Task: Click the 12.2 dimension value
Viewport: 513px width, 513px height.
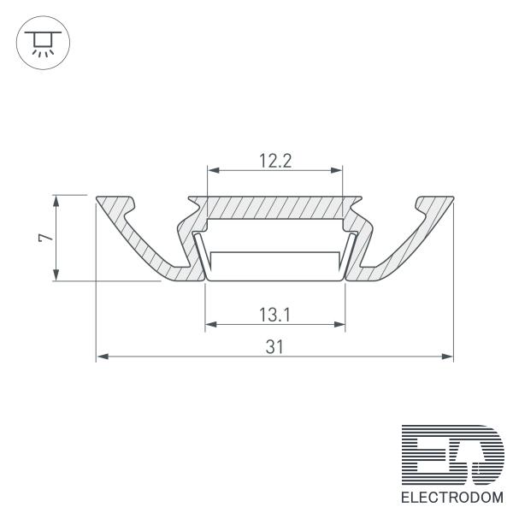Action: tap(275, 161)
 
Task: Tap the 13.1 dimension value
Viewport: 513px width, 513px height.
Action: tap(274, 315)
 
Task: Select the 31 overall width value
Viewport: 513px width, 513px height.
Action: tap(274, 347)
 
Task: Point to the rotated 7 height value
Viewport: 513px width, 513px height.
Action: tap(45, 237)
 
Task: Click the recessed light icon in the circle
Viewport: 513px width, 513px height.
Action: tap(44, 43)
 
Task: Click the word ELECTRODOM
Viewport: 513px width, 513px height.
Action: tap(452, 498)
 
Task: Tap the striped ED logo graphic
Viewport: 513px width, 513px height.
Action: tap(453, 455)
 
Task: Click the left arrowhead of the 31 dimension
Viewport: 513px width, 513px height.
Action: tap(103, 357)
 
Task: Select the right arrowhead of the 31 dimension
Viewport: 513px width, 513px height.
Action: tap(447, 357)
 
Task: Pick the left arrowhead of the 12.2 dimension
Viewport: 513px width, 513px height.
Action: tap(214, 170)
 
